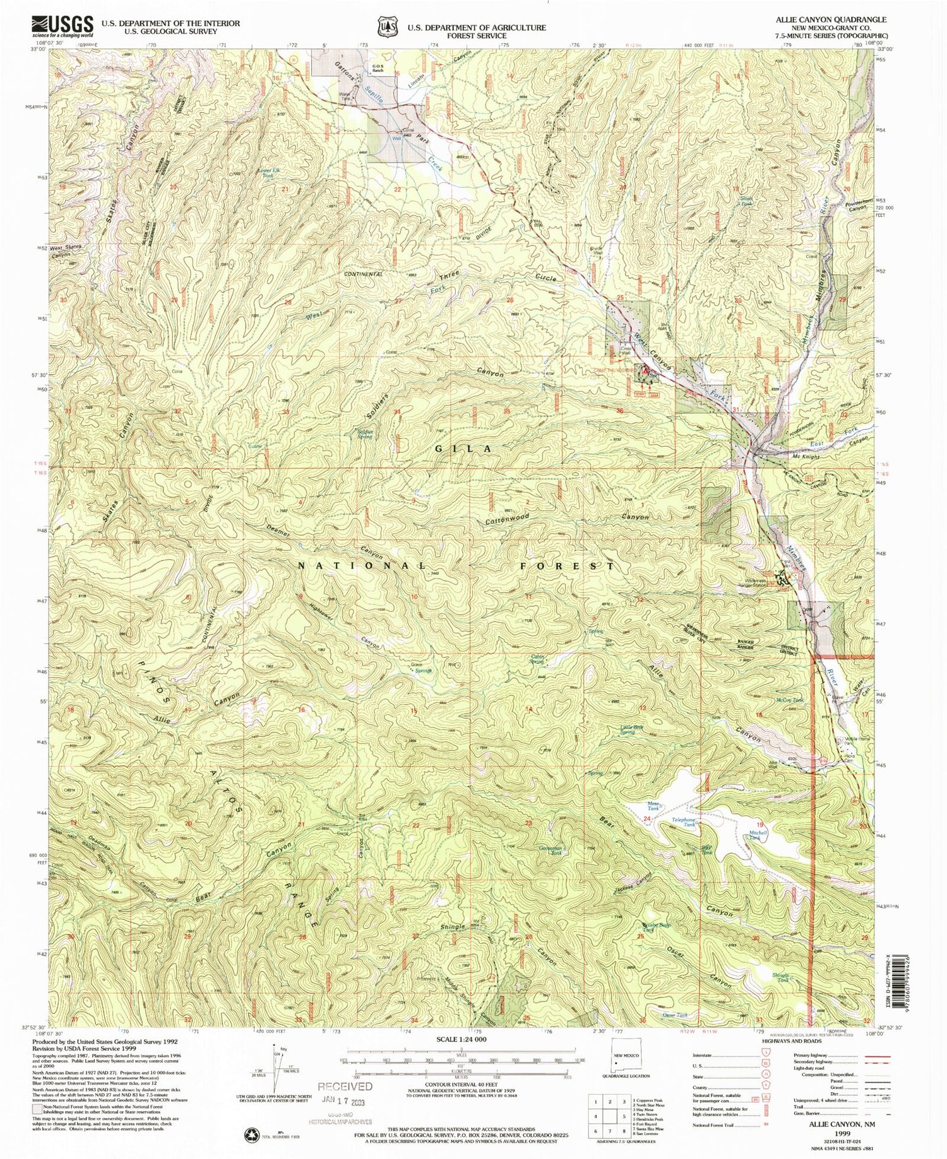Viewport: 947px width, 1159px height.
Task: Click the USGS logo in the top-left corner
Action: pos(61,26)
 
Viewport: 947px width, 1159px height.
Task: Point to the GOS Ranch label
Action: pos(378,68)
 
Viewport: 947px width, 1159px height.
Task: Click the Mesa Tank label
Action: pos(653,806)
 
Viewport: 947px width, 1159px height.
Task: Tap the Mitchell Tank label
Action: pos(758,835)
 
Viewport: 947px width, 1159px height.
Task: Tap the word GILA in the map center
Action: pos(463,449)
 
